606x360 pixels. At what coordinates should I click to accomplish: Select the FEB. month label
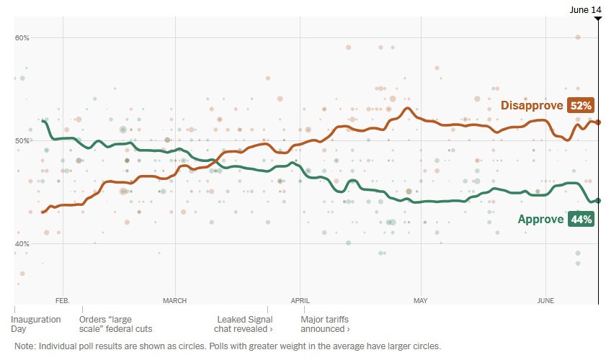61,300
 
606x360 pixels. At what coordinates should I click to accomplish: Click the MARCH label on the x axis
174,300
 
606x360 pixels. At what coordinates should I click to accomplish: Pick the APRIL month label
300,300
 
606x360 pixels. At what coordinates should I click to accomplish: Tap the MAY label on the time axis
421,300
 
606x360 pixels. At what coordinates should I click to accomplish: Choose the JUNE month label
545,300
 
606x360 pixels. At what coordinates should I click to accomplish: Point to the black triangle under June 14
597,18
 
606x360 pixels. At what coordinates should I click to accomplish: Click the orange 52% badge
580,106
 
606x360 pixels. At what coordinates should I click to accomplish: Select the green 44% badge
580,220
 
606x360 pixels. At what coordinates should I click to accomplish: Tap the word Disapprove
532,106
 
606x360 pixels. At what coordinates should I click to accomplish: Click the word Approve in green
540,220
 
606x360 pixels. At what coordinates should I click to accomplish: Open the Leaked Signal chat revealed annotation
245,323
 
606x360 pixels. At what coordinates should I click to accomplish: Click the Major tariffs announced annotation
325,323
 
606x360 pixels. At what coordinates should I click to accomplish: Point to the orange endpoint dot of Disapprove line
598,122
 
